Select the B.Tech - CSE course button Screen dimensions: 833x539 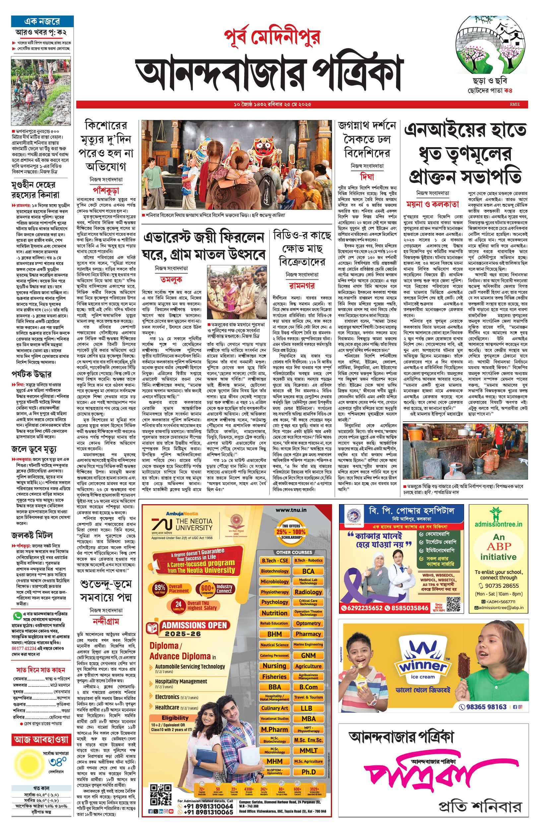[x=275, y=560]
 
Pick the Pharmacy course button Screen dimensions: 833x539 [x=308, y=634]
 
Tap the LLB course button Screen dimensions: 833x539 [x=306, y=708]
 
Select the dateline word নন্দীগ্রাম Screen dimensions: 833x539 [x=106, y=621]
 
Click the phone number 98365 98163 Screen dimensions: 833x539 [x=486, y=707]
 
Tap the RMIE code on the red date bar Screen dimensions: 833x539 [x=514, y=104]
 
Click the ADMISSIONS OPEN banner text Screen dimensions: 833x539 [x=194, y=625]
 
